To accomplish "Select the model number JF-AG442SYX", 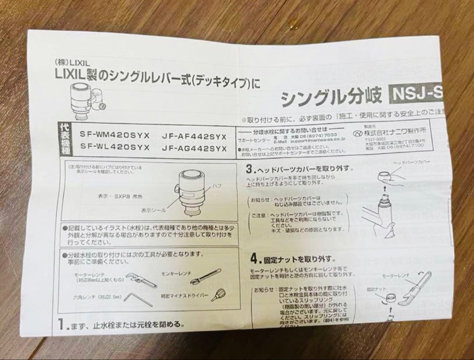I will (194, 148).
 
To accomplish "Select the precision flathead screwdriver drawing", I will (215, 295).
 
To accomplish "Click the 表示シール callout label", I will (154, 210).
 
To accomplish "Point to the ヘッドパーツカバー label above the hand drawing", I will (411, 162).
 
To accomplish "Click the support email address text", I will (316, 142).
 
